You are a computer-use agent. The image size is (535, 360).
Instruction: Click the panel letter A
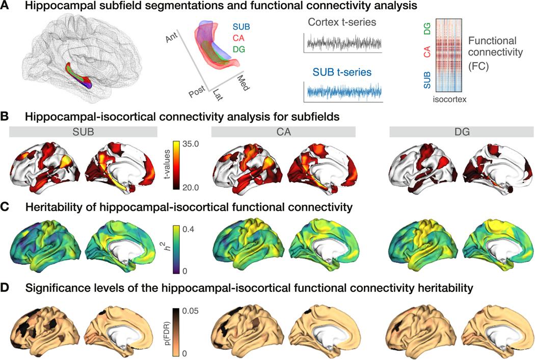click(7, 7)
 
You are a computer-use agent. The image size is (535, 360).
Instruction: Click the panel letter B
click(7, 117)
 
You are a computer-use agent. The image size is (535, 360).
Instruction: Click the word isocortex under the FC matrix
click(449, 101)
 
